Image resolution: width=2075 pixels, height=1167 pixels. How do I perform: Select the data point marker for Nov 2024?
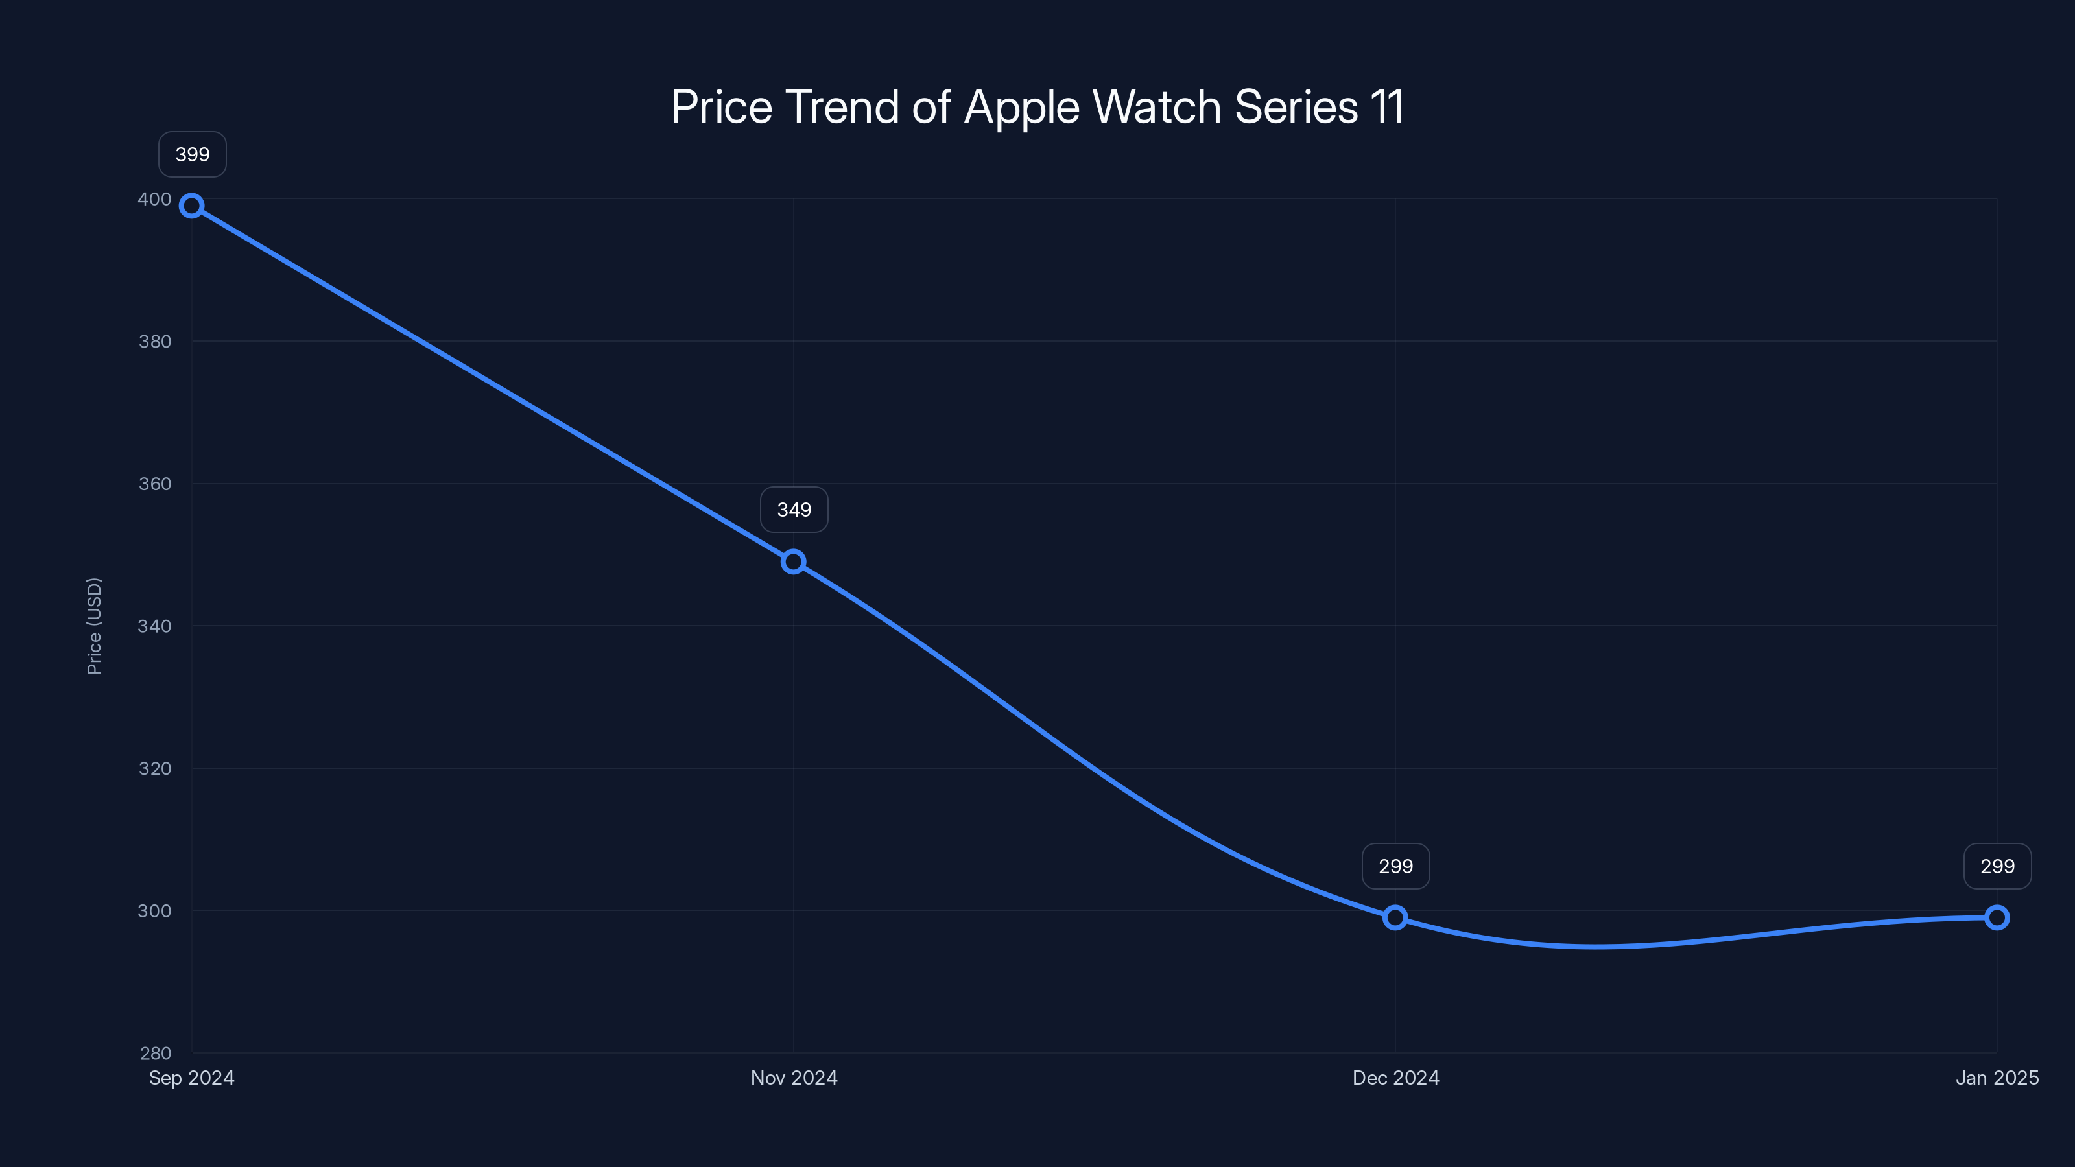pyautogui.click(x=794, y=561)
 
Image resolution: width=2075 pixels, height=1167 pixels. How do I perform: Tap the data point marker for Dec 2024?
pyautogui.click(x=1395, y=917)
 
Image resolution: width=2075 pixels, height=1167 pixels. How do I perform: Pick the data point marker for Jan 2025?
pyautogui.click(x=1997, y=917)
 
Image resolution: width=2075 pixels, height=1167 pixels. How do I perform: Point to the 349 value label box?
pyautogui.click(x=794, y=510)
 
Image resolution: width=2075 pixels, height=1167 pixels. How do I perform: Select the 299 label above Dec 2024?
pyautogui.click(x=1396, y=867)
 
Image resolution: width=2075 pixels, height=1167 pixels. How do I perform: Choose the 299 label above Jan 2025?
pyautogui.click(x=1998, y=867)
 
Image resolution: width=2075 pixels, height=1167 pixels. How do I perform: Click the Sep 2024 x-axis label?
pyautogui.click(x=192, y=1078)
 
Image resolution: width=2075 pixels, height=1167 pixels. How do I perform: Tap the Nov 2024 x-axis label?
pyautogui.click(x=794, y=1078)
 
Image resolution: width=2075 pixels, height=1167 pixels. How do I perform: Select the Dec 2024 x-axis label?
pyautogui.click(x=1396, y=1078)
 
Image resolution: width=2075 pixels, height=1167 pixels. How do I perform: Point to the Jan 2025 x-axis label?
pyautogui.click(x=1997, y=1078)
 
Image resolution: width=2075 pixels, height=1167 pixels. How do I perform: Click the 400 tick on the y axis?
pyautogui.click(x=155, y=199)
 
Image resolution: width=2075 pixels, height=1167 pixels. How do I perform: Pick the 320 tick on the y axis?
pyautogui.click(x=155, y=768)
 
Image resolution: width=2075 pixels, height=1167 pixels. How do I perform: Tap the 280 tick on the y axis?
pyautogui.click(x=156, y=1054)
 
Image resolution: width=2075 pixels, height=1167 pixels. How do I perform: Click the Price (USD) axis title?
pyautogui.click(x=94, y=626)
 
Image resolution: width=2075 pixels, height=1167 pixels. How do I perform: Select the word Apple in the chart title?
pyautogui.click(x=1021, y=108)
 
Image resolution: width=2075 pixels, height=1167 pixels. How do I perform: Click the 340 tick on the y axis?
pyautogui.click(x=155, y=626)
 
